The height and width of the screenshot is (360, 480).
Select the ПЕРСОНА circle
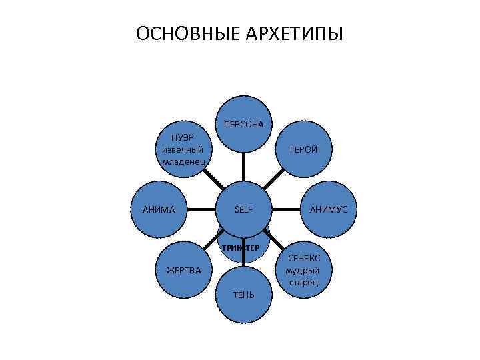[243, 125]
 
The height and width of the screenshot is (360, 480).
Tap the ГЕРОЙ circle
[303, 149]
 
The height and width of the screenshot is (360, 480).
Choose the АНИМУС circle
[328, 210]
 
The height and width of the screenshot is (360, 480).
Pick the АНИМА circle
[159, 210]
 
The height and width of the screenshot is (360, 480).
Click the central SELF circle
[243, 210]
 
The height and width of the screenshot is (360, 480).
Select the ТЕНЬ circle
[243, 294]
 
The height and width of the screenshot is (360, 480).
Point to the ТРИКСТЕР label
[241, 248]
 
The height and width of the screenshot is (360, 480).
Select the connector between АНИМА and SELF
[201, 210]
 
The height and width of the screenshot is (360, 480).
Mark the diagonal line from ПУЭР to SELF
[213, 180]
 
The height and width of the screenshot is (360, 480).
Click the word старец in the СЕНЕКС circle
[303, 283]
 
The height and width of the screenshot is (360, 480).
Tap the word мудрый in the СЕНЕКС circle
[303, 270]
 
